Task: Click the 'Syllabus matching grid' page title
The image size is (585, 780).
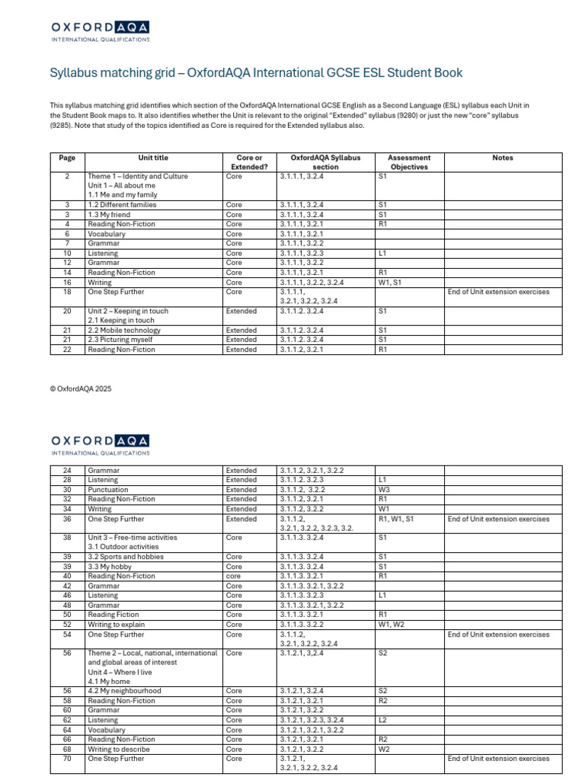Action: coord(256,73)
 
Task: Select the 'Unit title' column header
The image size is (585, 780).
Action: coord(153,158)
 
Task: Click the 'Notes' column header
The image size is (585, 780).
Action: coord(503,158)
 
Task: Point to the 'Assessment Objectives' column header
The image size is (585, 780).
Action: coord(409,162)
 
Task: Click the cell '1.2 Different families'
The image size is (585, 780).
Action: coord(122,205)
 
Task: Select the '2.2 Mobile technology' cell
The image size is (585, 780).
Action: coord(124,331)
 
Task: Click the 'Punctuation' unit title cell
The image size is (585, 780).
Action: coord(108,490)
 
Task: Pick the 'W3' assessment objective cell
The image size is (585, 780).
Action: coord(384,490)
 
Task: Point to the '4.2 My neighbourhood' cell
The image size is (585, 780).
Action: coord(124,691)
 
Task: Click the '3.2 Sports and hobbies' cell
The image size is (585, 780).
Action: coord(126,557)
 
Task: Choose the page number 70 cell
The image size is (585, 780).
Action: coord(67,759)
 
